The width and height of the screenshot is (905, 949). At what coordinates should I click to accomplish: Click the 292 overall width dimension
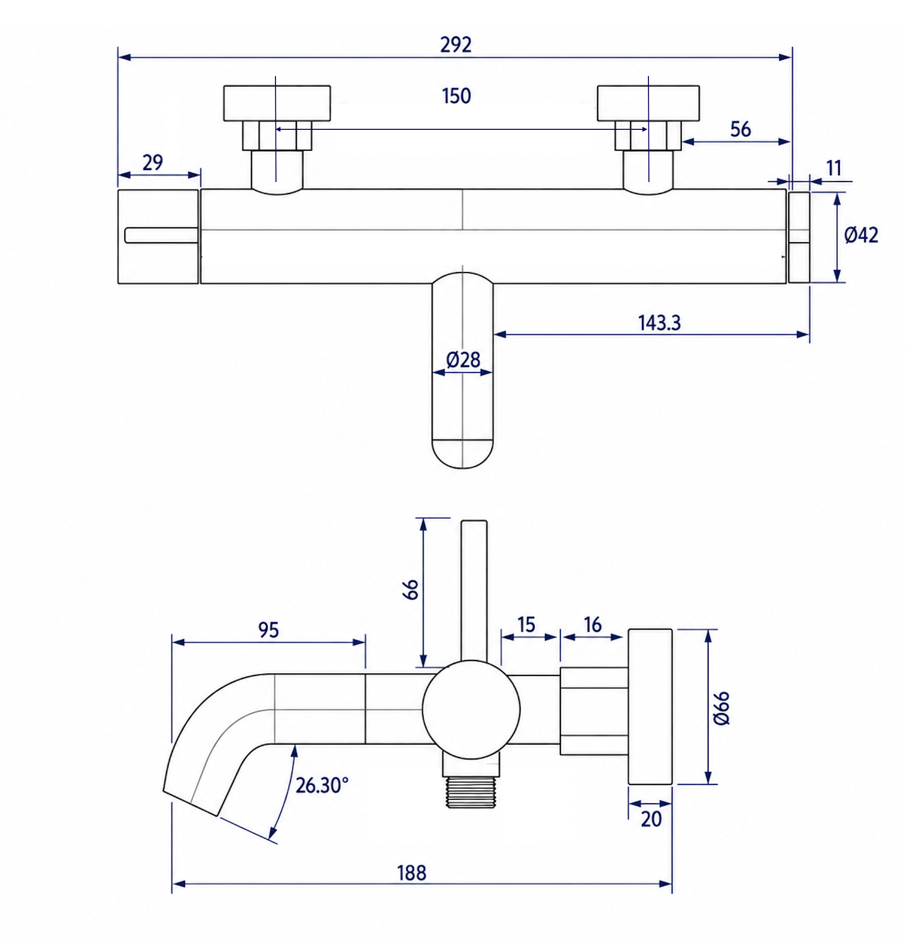click(x=455, y=45)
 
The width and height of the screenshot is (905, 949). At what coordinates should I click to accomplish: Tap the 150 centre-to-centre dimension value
click(x=456, y=96)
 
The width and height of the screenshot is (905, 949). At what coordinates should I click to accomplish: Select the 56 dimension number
click(x=740, y=129)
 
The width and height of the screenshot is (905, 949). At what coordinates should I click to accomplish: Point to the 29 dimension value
click(x=153, y=163)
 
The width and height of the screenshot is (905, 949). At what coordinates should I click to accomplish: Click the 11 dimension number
click(x=833, y=168)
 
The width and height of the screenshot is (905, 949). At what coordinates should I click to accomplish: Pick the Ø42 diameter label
click(x=861, y=235)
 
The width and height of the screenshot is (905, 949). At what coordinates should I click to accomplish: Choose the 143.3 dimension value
click(x=659, y=323)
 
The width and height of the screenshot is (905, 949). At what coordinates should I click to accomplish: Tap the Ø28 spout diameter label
click(x=463, y=360)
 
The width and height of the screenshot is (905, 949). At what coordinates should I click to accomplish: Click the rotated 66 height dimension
click(x=411, y=589)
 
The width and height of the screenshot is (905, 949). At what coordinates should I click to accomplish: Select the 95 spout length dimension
click(x=269, y=630)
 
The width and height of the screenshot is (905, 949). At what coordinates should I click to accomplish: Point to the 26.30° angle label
click(x=322, y=785)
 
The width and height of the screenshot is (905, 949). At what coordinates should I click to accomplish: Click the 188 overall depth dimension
click(x=411, y=873)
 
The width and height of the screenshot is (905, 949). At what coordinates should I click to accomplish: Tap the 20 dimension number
click(x=651, y=819)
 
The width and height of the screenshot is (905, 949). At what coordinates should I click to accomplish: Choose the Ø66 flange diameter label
click(x=721, y=708)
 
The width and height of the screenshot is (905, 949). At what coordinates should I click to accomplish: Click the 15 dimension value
click(x=526, y=625)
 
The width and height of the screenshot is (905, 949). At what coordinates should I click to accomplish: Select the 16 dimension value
click(x=592, y=625)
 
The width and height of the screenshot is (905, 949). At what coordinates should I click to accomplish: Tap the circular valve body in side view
click(x=471, y=710)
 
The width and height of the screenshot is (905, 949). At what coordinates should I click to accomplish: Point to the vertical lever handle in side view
click(x=474, y=592)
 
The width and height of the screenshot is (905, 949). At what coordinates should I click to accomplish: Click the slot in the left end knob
click(x=162, y=235)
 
